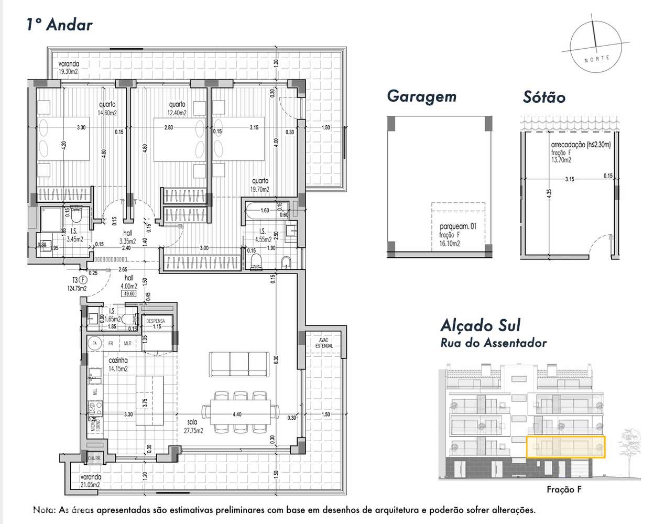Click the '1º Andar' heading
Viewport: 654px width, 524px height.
[59, 25]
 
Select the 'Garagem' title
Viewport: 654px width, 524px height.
[421, 96]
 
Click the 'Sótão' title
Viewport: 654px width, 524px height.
[544, 97]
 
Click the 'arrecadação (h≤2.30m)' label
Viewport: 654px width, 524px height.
[581, 145]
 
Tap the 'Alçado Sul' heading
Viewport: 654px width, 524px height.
[481, 325]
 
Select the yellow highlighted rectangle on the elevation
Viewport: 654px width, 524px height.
[565, 447]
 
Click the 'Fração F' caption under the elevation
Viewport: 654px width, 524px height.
[564, 490]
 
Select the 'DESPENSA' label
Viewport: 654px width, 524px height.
[156, 321]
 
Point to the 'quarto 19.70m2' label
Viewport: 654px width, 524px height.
[260, 185]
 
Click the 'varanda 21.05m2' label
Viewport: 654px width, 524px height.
[90, 481]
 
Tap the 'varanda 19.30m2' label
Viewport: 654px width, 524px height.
[68, 68]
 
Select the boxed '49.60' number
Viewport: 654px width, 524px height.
[128, 293]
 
